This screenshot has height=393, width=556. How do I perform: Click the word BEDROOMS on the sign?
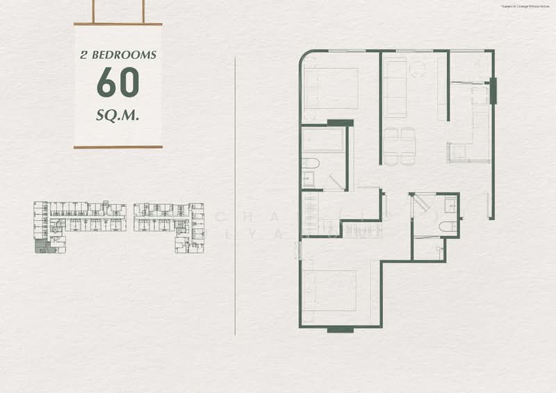(127, 54)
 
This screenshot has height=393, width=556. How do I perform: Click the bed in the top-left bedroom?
(332, 88)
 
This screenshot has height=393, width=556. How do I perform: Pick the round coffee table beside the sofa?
(417, 68)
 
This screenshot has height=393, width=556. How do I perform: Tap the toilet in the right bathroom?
(448, 226)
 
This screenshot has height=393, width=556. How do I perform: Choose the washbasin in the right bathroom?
(450, 203)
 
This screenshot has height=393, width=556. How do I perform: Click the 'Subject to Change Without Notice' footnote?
(525, 6)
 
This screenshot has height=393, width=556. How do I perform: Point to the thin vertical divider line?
(236, 194)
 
